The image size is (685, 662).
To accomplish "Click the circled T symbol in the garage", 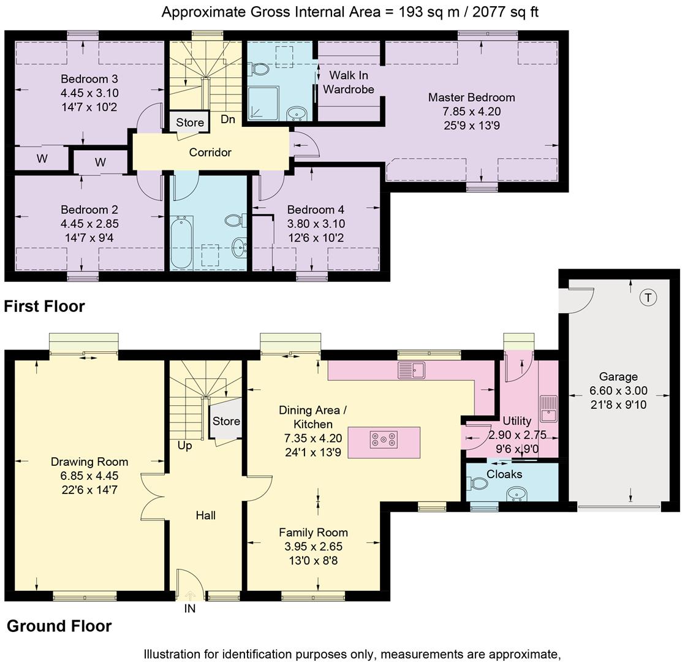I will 648,298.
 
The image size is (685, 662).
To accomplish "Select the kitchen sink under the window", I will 412,370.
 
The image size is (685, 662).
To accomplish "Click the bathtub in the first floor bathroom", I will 182,242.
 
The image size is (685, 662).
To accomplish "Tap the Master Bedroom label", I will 471,97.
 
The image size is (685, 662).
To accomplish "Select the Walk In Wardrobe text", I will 348,82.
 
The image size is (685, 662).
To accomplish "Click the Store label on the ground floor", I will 226,421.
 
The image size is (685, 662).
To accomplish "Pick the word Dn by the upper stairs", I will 228,120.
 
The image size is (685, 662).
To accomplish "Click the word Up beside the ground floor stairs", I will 184,446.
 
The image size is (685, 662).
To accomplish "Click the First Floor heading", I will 44,306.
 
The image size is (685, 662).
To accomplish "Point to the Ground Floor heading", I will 59,626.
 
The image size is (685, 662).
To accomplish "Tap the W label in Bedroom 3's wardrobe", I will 42,159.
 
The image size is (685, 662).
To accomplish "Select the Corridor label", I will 210,152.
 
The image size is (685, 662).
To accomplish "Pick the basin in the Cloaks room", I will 518,493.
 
